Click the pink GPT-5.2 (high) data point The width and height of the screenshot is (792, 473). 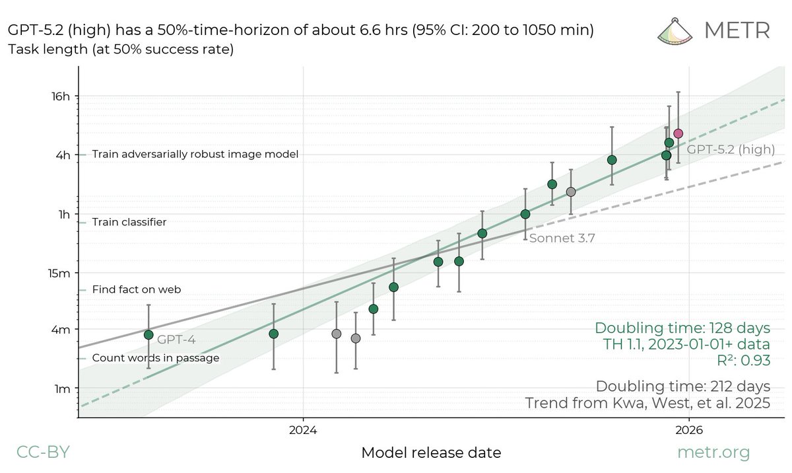coord(678,133)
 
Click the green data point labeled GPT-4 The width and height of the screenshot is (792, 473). coord(148,335)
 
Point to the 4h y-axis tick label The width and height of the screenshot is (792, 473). coord(62,155)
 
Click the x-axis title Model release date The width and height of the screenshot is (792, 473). coord(431,453)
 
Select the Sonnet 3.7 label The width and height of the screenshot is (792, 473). coord(562,239)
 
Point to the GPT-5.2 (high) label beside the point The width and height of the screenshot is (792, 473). coord(731,150)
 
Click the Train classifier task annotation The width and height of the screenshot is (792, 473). coord(129,223)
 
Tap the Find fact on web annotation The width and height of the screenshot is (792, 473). coord(137,289)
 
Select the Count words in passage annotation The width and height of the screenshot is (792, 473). coord(156,358)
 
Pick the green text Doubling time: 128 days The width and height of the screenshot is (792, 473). coord(682,328)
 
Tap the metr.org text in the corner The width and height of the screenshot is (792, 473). coord(714,453)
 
